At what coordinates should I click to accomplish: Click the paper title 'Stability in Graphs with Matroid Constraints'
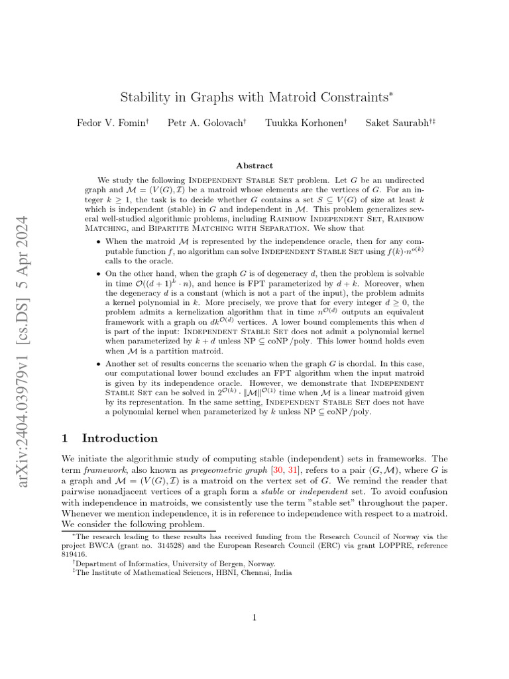click(254, 97)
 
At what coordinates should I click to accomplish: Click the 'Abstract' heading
click(254, 166)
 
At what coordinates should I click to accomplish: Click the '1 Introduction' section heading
click(110, 438)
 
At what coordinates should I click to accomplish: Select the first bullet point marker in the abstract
click(99, 243)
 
